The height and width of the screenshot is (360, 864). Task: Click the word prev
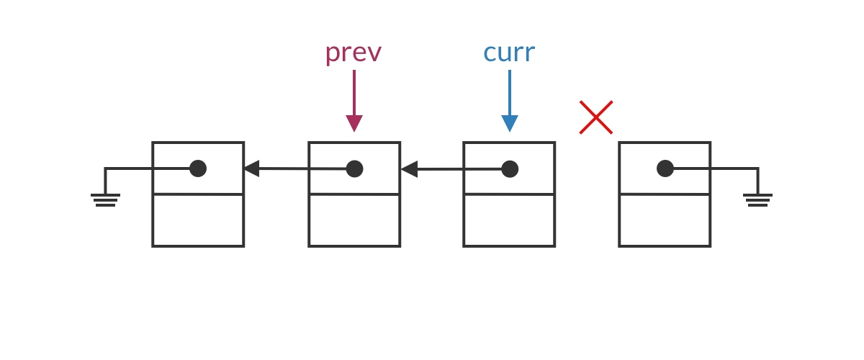click(353, 53)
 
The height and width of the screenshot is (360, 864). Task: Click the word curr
click(508, 53)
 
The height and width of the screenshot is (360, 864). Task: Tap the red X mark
click(596, 117)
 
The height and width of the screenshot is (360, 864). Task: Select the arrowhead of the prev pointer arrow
click(354, 123)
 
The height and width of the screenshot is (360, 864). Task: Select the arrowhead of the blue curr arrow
click(510, 123)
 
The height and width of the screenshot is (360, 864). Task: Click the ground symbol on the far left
click(105, 199)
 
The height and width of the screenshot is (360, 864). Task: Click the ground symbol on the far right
click(757, 199)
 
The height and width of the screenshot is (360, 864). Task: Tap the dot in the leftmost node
click(198, 168)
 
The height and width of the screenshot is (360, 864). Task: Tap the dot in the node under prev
click(354, 168)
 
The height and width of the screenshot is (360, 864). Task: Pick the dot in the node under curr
click(510, 168)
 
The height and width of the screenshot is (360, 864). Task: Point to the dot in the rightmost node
click(665, 168)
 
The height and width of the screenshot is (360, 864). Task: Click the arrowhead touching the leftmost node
click(251, 168)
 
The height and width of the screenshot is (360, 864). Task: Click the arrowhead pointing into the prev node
click(409, 169)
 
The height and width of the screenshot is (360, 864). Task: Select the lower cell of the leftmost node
click(198, 220)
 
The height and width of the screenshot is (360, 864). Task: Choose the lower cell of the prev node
click(354, 220)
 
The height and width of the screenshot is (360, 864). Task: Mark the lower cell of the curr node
click(509, 220)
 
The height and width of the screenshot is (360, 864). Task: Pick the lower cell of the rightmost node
click(665, 220)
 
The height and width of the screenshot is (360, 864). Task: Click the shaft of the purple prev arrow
click(354, 92)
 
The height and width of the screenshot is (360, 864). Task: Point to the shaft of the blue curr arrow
click(510, 92)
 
